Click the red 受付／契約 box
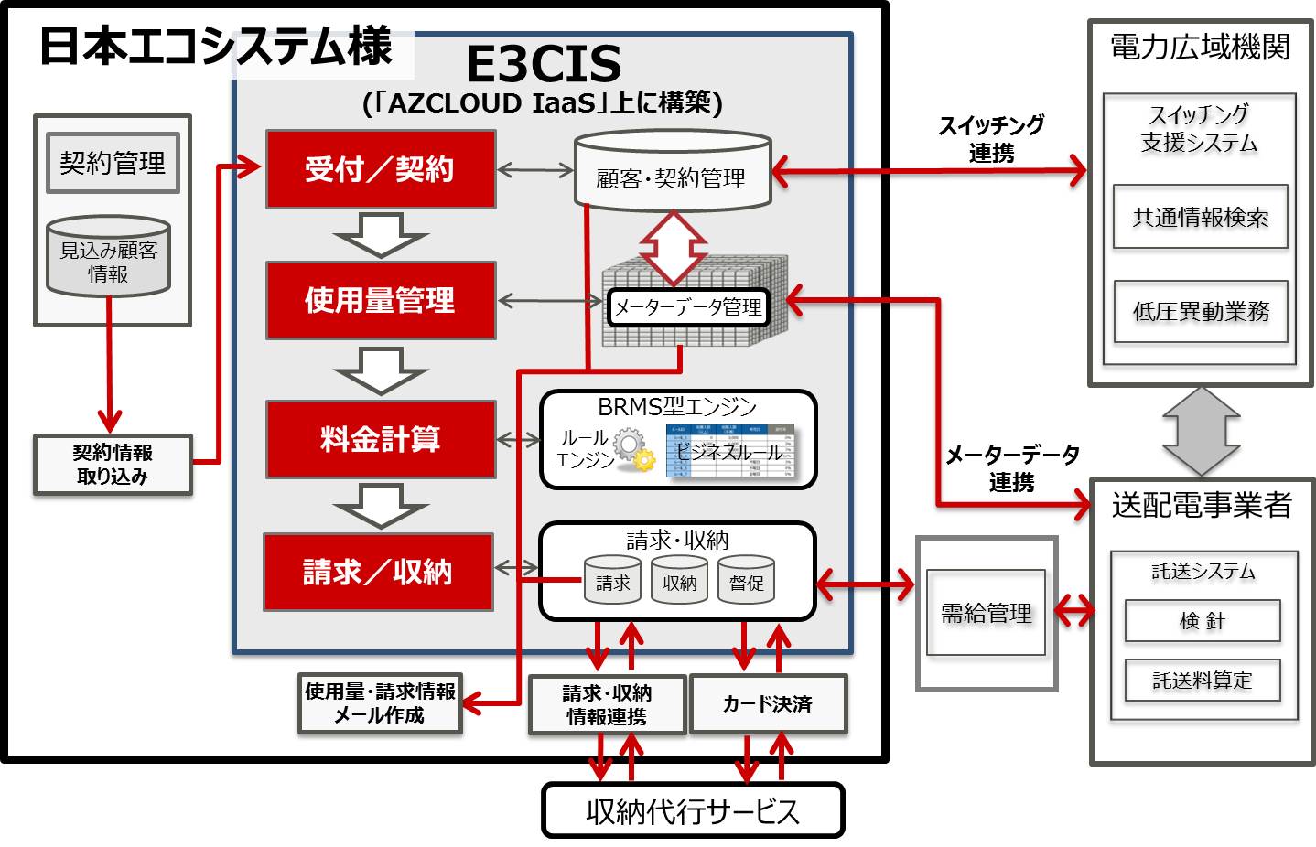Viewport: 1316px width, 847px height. point(380,169)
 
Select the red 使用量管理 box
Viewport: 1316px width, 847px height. point(380,300)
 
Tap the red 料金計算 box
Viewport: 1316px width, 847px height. point(380,439)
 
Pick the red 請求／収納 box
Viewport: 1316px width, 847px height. point(378,572)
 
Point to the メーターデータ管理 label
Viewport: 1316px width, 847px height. point(687,307)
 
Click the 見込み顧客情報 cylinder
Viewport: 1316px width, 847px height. point(108,257)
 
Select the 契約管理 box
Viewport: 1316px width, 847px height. point(113,163)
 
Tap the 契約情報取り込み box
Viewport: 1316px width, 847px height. point(113,465)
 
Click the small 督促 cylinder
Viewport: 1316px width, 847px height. point(746,581)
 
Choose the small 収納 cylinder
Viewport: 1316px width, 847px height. point(679,581)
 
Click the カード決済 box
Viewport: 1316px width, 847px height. point(768,703)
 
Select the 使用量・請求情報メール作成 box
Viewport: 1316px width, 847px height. point(380,703)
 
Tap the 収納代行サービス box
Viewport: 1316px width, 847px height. point(693,810)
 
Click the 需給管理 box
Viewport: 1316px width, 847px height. point(986,613)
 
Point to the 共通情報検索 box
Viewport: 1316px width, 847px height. point(1200,217)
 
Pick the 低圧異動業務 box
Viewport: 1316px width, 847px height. point(1201,312)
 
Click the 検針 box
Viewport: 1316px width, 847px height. point(1202,621)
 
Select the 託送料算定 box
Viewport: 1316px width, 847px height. point(1202,681)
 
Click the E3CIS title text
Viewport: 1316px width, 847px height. point(544,64)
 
